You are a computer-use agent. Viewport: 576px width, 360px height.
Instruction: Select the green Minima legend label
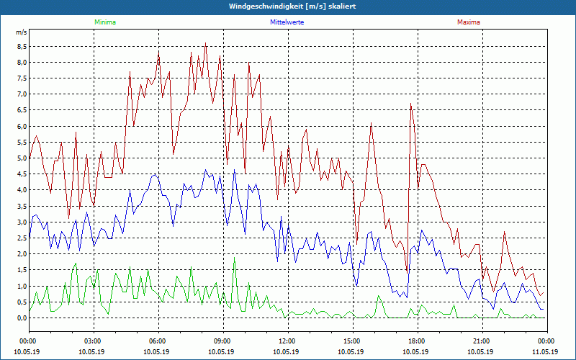point(104,22)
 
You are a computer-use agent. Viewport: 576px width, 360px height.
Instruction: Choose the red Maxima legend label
point(468,22)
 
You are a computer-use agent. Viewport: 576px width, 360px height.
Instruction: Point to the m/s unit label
point(21,32)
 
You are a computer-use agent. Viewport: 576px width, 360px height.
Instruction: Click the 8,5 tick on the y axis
point(21,46)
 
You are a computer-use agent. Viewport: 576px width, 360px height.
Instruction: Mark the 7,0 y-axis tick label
point(21,94)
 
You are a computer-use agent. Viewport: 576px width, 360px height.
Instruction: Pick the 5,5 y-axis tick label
point(21,142)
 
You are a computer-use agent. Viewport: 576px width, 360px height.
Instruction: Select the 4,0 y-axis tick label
point(21,190)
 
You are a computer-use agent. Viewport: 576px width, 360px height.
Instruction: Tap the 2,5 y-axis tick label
point(21,238)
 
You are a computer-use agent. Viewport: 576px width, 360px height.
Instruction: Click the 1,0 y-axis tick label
point(21,286)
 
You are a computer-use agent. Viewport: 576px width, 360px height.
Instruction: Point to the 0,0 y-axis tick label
point(21,318)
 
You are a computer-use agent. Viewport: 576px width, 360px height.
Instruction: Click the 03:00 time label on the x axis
point(93,341)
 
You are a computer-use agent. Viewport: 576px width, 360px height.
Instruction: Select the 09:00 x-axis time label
point(222,341)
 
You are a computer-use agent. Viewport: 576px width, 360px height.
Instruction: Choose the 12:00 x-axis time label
point(287,341)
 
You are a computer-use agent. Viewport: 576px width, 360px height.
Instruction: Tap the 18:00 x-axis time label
point(416,341)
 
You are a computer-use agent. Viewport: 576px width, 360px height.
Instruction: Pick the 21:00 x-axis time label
point(481,341)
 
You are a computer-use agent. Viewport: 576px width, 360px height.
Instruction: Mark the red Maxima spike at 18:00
point(410,104)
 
